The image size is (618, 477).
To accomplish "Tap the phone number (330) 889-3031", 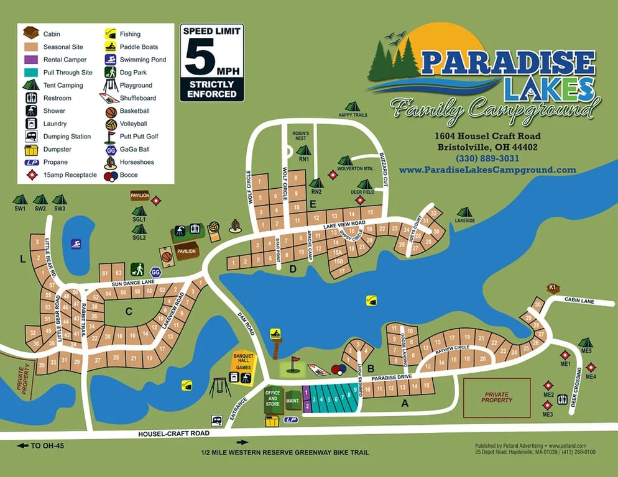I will pyautogui.click(x=487, y=158).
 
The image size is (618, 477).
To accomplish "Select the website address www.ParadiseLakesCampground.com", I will pyautogui.click(x=487, y=170).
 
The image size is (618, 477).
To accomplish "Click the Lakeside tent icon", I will pyautogui.click(x=464, y=212).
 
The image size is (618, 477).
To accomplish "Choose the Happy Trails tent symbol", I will pyautogui.click(x=353, y=107).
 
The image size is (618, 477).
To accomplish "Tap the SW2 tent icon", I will pyautogui.click(x=40, y=200).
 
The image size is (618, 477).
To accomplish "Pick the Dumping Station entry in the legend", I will pyautogui.click(x=31, y=137).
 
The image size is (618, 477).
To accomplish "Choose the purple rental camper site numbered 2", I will pyautogui.click(x=307, y=406).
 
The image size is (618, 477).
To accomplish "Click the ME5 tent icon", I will pyautogui.click(x=585, y=343).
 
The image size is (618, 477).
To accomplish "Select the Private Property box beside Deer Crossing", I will pyautogui.click(x=497, y=397).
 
